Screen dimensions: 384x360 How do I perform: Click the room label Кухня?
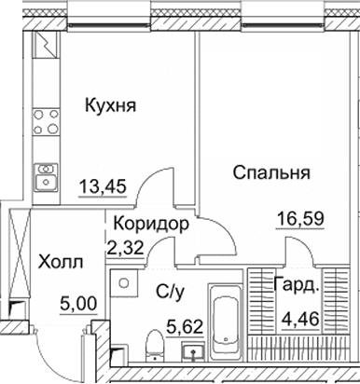tap(110, 105)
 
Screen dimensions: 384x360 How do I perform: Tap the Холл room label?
tap(61, 263)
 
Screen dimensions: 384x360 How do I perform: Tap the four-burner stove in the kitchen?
tap(44, 121)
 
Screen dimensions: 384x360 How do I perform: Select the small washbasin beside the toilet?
tap(193, 352)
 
